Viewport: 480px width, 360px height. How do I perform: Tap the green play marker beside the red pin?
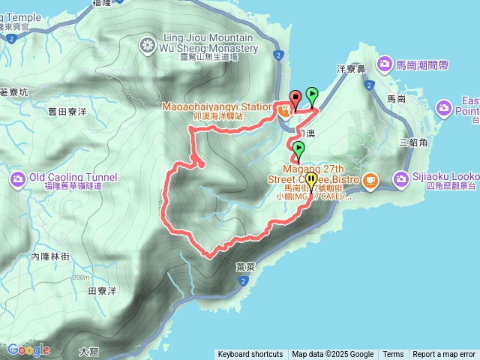point(312,95)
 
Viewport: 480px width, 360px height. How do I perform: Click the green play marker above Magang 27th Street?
point(298,148)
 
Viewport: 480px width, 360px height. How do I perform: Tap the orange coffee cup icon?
point(370,181)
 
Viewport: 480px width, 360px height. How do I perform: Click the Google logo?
point(28,349)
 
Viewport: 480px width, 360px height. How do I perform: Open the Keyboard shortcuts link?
point(250,355)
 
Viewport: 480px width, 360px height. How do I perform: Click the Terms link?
point(393,355)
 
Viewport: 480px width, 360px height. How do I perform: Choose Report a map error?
point(444,355)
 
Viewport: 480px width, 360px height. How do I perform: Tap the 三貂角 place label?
point(413,142)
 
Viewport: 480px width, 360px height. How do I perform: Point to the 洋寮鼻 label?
point(350,67)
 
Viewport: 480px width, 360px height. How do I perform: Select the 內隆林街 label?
point(50,256)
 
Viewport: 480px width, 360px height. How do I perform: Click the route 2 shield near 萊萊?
point(244,281)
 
